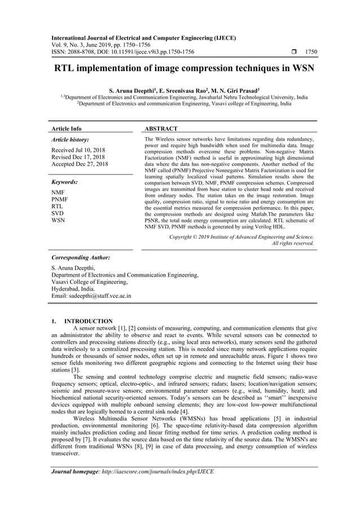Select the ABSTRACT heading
click(x=161, y=129)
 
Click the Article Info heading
click(x=66, y=129)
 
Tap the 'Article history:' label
click(x=70, y=139)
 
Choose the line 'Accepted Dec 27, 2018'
click(x=79, y=164)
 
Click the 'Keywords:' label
click(x=64, y=182)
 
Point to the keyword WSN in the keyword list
click(x=58, y=221)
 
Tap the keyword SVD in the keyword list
click(x=57, y=214)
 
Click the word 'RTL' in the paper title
click(x=65, y=69)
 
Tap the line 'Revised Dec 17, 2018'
click(x=77, y=157)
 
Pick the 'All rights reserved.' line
click(x=293, y=243)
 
